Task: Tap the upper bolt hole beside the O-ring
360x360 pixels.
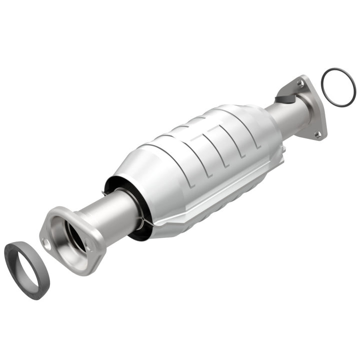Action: pos(301,83)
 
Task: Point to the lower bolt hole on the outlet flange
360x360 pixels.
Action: pos(317,134)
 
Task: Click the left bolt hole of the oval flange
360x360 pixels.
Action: pos(47,244)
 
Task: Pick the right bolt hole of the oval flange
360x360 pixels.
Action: pos(89,246)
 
